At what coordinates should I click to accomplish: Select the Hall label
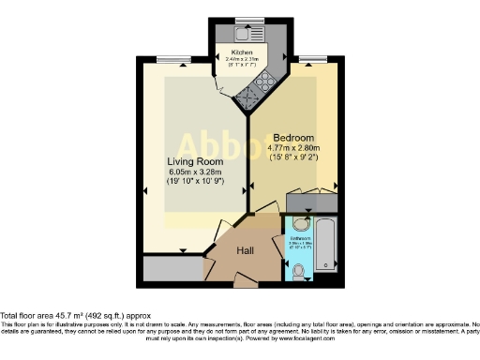click(x=245, y=250)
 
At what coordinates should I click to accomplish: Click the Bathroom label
click(x=300, y=239)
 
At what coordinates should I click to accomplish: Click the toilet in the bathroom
click(x=299, y=271)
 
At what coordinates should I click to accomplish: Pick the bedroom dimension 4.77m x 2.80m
click(x=294, y=147)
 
